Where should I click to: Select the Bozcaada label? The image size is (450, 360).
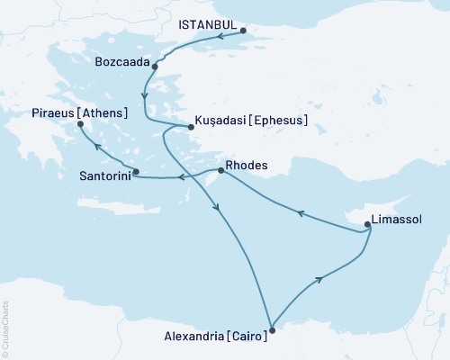click(121, 61)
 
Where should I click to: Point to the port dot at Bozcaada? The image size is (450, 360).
click(155, 67)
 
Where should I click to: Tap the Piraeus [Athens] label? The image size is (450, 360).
click(79, 112)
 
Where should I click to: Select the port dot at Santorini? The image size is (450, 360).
click(136, 172)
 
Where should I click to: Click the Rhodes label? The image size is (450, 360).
click(249, 165)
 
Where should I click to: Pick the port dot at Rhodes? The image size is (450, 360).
click(221, 170)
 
